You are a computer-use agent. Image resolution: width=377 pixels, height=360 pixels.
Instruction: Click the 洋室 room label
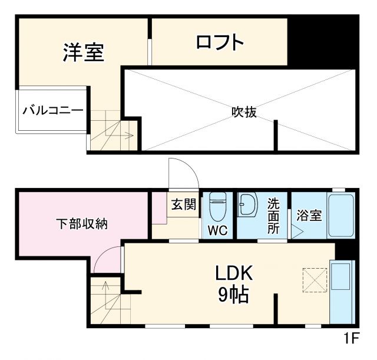pyautogui.click(x=84, y=52)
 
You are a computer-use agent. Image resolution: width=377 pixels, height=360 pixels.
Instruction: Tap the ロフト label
pyautogui.click(x=219, y=42)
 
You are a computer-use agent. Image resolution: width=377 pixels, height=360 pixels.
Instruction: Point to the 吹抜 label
pyautogui.click(x=243, y=111)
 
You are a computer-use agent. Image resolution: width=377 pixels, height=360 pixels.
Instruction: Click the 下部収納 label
pyautogui.click(x=81, y=223)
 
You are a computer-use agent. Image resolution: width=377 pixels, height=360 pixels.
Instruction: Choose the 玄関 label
pyautogui.click(x=183, y=204)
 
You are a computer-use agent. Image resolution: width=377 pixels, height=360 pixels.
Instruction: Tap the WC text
pyautogui.click(x=218, y=231)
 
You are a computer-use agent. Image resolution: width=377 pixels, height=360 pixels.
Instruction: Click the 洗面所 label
pyautogui.click(x=273, y=216)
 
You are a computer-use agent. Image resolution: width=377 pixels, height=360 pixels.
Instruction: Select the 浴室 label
pyautogui.click(x=309, y=216)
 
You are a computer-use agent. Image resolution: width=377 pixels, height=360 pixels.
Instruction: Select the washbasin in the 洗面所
pyautogui.click(x=248, y=204)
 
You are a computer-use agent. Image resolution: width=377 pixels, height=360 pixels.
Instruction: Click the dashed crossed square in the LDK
pyautogui.click(x=315, y=279)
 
